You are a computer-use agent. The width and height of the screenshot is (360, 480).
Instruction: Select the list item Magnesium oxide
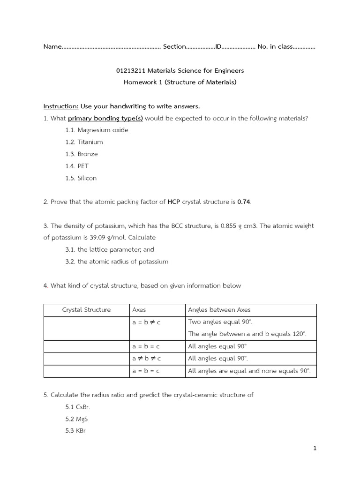click(x=103, y=130)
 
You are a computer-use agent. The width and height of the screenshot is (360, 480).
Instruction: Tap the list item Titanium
click(x=90, y=142)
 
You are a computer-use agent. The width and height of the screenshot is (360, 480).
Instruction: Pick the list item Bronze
click(x=88, y=154)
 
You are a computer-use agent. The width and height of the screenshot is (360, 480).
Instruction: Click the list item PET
click(x=83, y=166)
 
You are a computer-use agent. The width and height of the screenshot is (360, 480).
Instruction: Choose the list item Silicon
click(x=87, y=178)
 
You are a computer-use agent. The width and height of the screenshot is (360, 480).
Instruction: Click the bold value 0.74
click(x=244, y=202)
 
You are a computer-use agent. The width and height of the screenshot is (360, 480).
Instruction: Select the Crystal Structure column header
click(x=86, y=310)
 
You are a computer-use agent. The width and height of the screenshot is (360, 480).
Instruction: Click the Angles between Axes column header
click(x=219, y=310)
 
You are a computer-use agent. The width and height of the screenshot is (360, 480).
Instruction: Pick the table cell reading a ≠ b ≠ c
click(x=146, y=359)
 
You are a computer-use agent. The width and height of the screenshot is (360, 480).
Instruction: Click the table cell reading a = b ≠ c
click(x=146, y=322)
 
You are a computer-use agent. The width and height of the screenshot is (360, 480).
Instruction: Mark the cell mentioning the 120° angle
click(x=247, y=334)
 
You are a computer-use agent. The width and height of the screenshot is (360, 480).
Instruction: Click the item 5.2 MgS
click(x=77, y=419)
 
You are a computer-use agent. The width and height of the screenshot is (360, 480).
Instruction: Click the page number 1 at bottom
click(x=315, y=449)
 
